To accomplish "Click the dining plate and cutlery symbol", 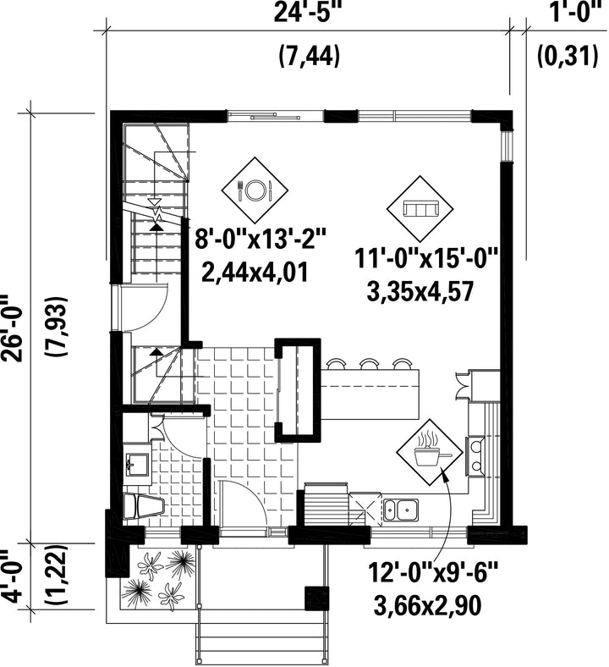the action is pos(255,190).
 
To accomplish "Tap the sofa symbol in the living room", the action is pos(420,209).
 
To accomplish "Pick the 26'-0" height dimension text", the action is pos(13,328).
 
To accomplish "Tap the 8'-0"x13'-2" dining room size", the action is pos(260,239).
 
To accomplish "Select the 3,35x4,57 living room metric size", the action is pos(420,292).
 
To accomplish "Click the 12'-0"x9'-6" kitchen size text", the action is pos(432,572).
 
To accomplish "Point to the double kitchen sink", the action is pos(401,510).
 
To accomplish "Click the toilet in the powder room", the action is pos(143,506).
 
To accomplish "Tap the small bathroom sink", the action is pos(137,464).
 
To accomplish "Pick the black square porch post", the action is pos(317,598).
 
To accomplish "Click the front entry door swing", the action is pos(244,504).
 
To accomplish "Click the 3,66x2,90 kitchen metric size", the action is pos(427,605).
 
